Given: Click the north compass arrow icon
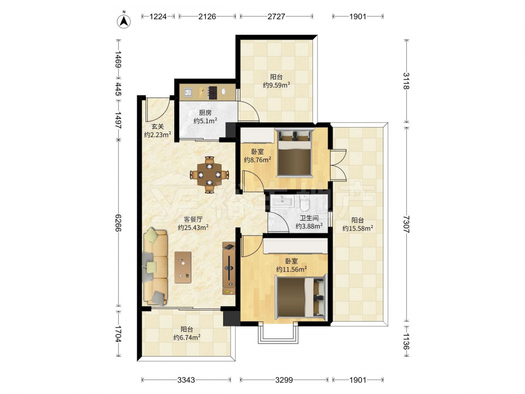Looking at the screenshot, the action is pyautogui.click(x=123, y=21).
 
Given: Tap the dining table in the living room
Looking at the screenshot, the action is pyautogui.click(x=209, y=174).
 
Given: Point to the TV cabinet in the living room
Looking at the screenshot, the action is pyautogui.click(x=229, y=268).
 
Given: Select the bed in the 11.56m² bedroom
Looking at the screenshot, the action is pyautogui.click(x=301, y=295).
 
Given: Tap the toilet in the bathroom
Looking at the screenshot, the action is pyautogui.click(x=305, y=202).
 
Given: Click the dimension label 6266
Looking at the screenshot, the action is pyautogui.click(x=118, y=223).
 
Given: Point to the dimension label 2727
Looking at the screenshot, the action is pyautogui.click(x=276, y=16).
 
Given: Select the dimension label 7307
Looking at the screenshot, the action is pyautogui.click(x=406, y=224).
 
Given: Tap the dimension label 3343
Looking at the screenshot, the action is pyautogui.click(x=186, y=380).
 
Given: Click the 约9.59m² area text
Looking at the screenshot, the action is pyautogui.click(x=276, y=85).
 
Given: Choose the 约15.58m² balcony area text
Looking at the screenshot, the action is pyautogui.click(x=358, y=229).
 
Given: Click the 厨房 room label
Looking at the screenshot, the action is pyautogui.click(x=205, y=112).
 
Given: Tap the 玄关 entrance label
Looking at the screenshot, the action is pyautogui.click(x=157, y=127).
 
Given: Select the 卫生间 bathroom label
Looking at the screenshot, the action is pyautogui.click(x=309, y=218).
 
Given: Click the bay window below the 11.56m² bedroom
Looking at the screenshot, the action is pyautogui.click(x=278, y=333).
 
